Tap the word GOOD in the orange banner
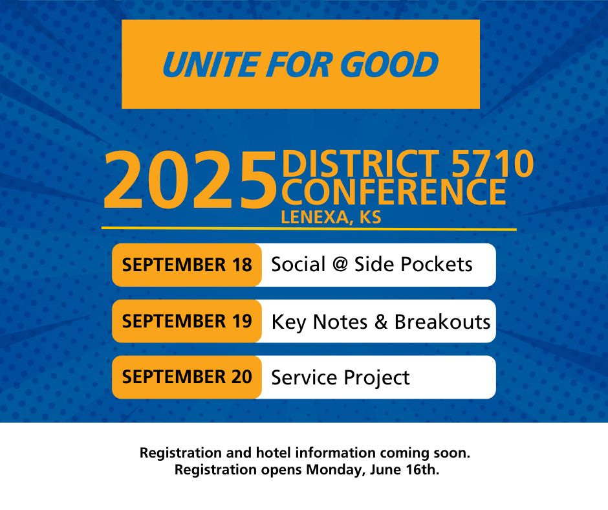tap(389, 65)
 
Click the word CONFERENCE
tap(393, 192)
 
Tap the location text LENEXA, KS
tap(331, 217)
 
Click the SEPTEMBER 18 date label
tap(187, 265)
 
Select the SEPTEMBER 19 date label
tap(187, 321)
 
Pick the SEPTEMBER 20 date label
tap(187, 377)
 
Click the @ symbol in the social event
tap(340, 265)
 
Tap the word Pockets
tap(436, 264)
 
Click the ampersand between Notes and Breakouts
tap(381, 322)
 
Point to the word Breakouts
tap(442, 322)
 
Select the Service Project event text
tap(340, 378)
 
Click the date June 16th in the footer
tap(404, 470)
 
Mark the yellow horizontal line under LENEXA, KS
tap(309, 228)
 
